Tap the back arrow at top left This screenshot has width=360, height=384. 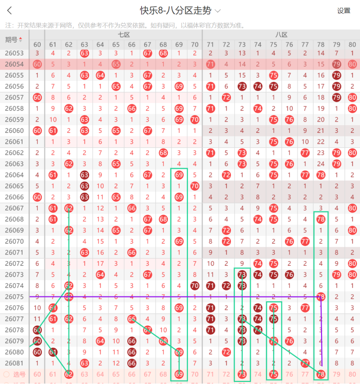pyautogui.click(x=10, y=11)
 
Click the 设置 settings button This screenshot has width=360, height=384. pyautogui.click(x=344, y=11)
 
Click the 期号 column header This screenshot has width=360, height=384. pyautogui.click(x=14, y=40)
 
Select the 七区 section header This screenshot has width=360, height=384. pyautogui.click(x=123, y=35)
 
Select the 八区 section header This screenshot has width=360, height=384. pyautogui.click(x=281, y=35)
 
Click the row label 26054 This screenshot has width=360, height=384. pyautogui.click(x=14, y=64)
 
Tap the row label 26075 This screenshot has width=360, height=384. pyautogui.click(x=14, y=297)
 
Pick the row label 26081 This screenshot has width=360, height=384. pyautogui.click(x=14, y=363)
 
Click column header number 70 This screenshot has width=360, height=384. pyautogui.click(x=195, y=45)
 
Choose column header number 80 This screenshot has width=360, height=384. pyautogui.click(x=352, y=45)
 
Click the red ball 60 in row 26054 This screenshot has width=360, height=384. pyautogui.click(x=37, y=64)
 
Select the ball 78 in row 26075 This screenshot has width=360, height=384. pyautogui.click(x=321, y=297)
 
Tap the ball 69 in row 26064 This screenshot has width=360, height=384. pyautogui.click(x=179, y=175)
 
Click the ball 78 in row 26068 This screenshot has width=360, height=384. pyautogui.click(x=321, y=219)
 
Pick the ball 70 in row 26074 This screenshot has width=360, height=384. pyautogui.click(x=195, y=285)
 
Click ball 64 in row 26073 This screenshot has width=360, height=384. pyautogui.click(x=100, y=274)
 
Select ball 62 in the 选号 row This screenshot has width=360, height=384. pyautogui.click(x=68, y=374)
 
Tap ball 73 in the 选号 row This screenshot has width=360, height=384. pyautogui.click(x=242, y=374)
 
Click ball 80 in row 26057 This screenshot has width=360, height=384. pyautogui.click(x=352, y=97)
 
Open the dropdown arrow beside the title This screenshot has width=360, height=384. pyautogui.click(x=218, y=11)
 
